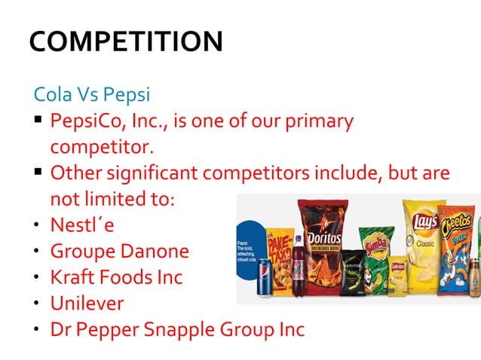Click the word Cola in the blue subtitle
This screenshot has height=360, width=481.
(51, 96)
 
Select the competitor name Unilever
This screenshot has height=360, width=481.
(87, 303)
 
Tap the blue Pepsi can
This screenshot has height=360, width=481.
(265, 279)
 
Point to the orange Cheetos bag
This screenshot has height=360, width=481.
(456, 249)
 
